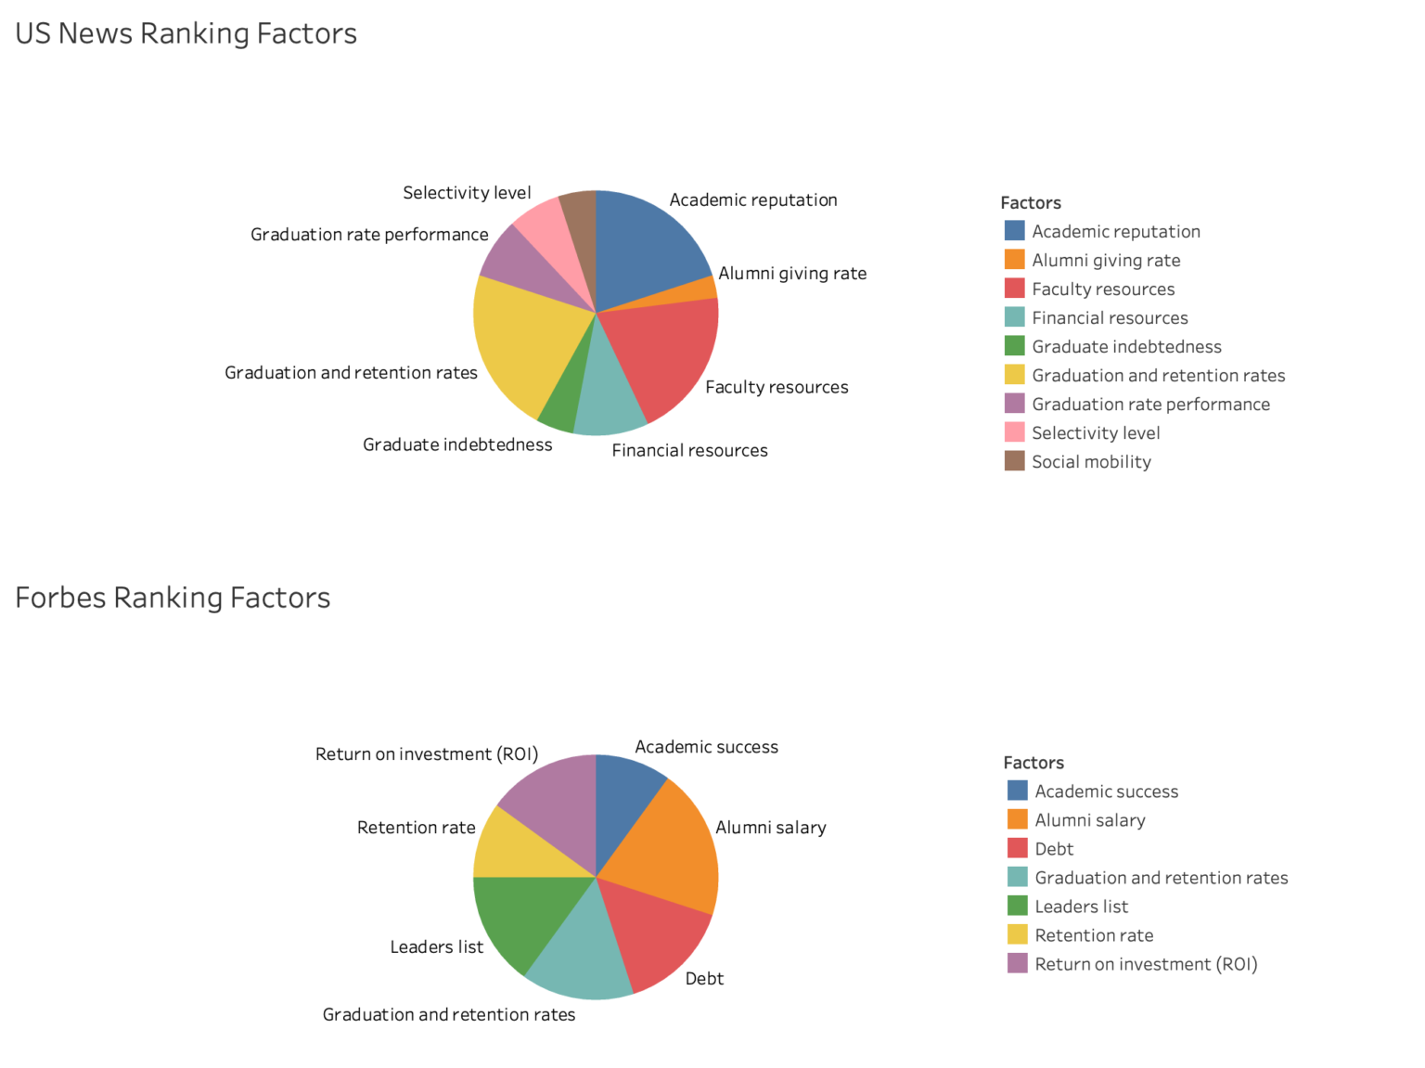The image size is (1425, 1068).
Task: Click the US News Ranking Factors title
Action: (186, 33)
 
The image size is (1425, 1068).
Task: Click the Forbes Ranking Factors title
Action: (173, 598)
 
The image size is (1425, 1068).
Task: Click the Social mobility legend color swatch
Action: (1015, 461)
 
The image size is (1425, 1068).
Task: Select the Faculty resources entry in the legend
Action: (1102, 290)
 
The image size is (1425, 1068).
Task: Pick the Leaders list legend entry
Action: (1081, 907)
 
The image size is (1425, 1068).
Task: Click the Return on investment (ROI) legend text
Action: (1146, 964)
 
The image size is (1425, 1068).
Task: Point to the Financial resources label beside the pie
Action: (689, 451)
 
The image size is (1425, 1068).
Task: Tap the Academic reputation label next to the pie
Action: (753, 200)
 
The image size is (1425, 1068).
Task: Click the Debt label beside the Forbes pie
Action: (704, 979)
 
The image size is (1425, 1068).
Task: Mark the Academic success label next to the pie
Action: (706, 747)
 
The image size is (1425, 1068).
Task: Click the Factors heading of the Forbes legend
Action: (1033, 763)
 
